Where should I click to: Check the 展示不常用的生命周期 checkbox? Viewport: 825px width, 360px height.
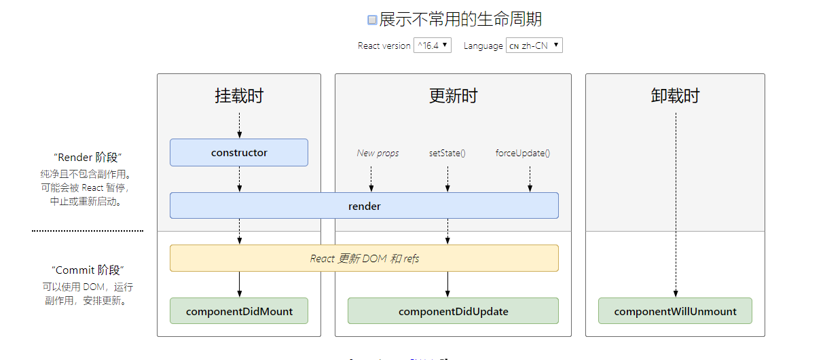(x=372, y=20)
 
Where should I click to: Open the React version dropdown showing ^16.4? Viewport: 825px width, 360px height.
(x=432, y=46)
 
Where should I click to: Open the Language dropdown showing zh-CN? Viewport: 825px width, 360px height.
(x=534, y=46)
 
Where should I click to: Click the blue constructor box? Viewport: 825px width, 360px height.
(x=239, y=153)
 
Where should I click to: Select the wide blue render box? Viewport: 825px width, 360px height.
(x=364, y=206)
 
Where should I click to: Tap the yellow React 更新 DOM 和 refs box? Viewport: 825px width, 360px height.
(x=364, y=258)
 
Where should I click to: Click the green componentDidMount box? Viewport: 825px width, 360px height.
(x=239, y=311)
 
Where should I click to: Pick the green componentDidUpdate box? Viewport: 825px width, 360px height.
(x=453, y=311)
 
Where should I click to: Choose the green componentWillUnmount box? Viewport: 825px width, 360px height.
(x=675, y=311)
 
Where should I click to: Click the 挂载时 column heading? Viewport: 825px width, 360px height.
(x=239, y=96)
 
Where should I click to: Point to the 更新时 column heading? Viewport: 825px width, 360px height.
(x=453, y=96)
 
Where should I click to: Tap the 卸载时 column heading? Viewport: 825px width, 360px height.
(x=675, y=96)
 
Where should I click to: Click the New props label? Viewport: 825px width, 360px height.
(x=378, y=154)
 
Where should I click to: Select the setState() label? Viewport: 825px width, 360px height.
(x=447, y=154)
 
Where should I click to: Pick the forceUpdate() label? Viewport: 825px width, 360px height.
(x=523, y=154)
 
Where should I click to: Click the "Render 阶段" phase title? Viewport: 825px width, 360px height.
(x=88, y=158)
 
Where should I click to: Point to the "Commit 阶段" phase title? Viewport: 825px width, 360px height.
(x=88, y=270)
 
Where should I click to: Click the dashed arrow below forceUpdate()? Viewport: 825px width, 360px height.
(x=530, y=179)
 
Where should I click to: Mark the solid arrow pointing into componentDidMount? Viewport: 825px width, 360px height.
(x=239, y=285)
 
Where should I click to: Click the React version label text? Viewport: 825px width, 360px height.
(x=384, y=46)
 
